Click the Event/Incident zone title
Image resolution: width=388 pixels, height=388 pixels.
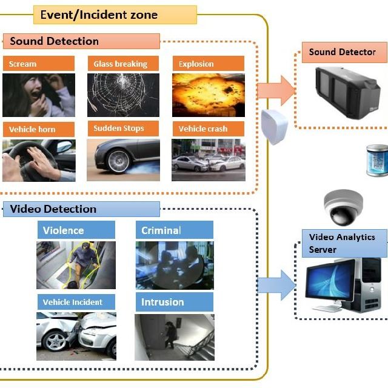[99, 15]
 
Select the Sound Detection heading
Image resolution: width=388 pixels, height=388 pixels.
[55, 41]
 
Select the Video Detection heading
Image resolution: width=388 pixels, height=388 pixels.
[53, 209]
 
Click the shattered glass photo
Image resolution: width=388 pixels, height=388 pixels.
[124, 95]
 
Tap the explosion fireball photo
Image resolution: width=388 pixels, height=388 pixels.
[208, 95]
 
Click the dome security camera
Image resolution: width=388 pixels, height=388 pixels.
[343, 208]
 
